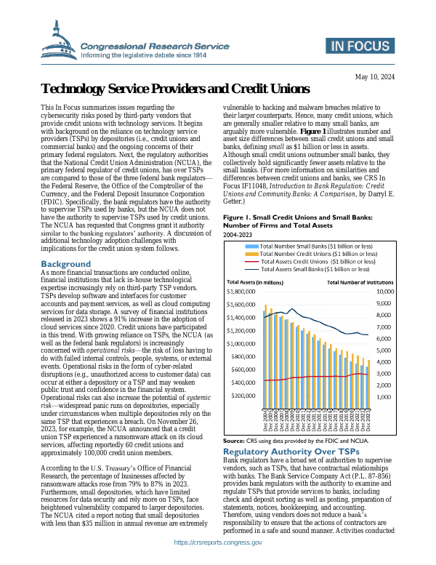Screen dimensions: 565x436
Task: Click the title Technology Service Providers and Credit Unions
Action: pos(176,89)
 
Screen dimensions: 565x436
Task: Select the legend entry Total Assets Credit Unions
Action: pos(318,241)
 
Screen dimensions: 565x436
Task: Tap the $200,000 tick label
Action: pos(247,396)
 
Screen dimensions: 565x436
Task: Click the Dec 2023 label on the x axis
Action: pos(369,421)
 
